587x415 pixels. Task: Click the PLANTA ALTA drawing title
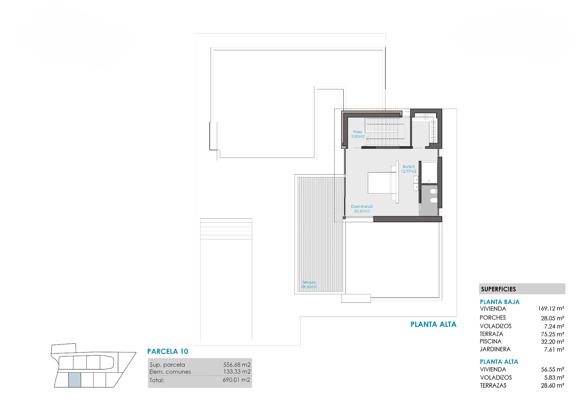click(x=433, y=324)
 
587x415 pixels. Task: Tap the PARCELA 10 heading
click(x=168, y=351)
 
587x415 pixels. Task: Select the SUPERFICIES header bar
click(x=522, y=289)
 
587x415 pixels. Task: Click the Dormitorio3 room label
click(x=362, y=208)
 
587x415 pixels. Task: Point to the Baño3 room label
click(x=409, y=169)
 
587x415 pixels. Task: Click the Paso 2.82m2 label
click(x=358, y=134)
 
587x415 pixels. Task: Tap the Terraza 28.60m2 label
click(x=309, y=284)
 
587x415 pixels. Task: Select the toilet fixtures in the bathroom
click(x=433, y=195)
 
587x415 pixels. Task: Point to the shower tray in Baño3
click(x=429, y=172)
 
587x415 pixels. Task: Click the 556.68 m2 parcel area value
click(x=237, y=364)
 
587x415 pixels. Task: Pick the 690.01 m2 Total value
click(x=236, y=380)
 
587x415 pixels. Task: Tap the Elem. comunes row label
click(x=170, y=372)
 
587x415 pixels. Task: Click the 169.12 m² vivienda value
click(x=551, y=308)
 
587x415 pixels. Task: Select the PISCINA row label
click(x=490, y=341)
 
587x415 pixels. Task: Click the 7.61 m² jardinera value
click(x=554, y=349)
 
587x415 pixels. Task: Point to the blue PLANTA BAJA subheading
click(x=500, y=302)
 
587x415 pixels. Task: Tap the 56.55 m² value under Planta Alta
click(x=552, y=369)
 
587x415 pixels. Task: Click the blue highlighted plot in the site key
click(x=75, y=380)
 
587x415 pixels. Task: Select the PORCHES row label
click(x=493, y=317)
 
